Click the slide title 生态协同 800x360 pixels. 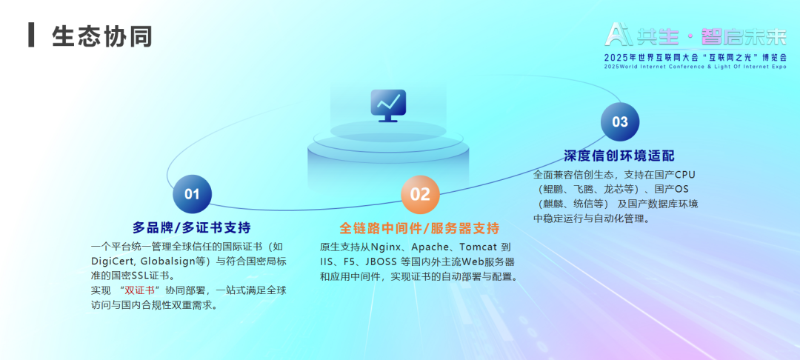click(102, 36)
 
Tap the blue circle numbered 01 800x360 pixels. click(192, 194)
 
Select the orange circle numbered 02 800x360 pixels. click(420, 194)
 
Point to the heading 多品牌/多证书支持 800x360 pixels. click(192, 227)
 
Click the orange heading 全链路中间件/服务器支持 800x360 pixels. click(419, 227)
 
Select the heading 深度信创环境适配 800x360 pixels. click(619, 156)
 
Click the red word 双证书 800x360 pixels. click(140, 290)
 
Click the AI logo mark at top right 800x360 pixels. click(619, 34)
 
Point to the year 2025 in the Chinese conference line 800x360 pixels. click(616, 57)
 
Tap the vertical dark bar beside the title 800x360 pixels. click(32, 35)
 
